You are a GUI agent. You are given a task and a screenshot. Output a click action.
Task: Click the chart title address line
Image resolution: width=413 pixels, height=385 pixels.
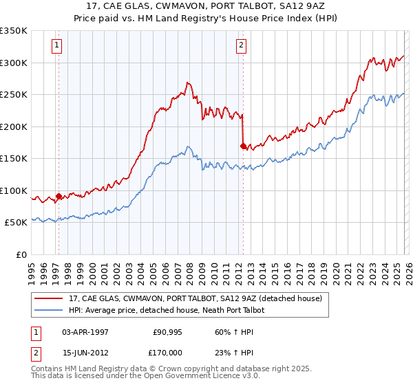(206, 5)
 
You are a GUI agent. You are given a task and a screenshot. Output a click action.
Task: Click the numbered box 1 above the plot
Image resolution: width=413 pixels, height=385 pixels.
(56, 46)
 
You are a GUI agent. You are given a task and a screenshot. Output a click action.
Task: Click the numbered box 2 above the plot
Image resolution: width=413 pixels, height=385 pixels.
(242, 46)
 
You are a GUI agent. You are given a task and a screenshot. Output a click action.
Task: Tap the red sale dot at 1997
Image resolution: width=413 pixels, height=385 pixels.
(59, 196)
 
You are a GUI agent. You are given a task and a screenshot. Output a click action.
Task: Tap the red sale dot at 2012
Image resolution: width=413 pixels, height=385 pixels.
(243, 146)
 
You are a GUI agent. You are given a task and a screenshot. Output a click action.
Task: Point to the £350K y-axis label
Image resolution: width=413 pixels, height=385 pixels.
(14, 31)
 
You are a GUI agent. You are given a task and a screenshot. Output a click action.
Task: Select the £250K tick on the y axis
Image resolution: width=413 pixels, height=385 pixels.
(14, 95)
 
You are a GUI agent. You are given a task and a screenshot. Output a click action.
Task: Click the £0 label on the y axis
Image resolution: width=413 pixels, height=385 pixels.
(21, 254)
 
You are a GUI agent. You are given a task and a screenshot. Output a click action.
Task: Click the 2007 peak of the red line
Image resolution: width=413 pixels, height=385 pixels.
(187, 82)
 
